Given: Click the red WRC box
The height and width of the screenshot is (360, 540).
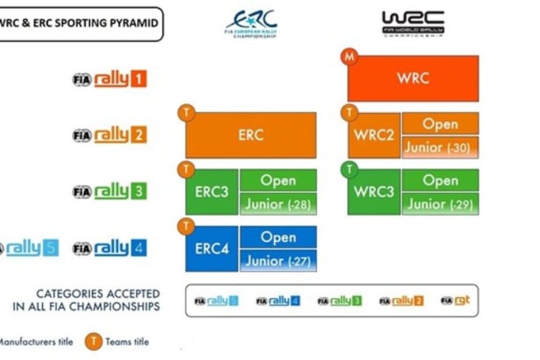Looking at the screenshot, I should (413, 78).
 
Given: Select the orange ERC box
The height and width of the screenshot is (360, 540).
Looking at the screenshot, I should (250, 135).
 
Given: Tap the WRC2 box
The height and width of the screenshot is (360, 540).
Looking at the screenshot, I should (374, 135).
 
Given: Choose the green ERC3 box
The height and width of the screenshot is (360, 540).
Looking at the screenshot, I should (212, 191).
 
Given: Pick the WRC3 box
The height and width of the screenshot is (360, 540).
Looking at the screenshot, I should (374, 191).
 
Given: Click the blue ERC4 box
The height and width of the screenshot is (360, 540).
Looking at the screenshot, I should (212, 248).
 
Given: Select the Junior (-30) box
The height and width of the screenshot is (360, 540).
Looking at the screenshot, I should (440, 148).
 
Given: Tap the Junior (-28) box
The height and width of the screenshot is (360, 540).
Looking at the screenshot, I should (278, 205).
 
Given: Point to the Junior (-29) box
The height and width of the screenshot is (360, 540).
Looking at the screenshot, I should (440, 205).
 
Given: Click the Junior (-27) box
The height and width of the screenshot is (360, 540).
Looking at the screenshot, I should (278, 261).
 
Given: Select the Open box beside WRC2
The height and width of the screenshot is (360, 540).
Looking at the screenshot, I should (440, 124).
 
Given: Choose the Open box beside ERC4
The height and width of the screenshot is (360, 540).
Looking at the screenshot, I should (278, 237).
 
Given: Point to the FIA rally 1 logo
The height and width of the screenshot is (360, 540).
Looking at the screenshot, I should (110, 79).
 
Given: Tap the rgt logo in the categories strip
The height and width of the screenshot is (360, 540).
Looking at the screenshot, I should (456, 301).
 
